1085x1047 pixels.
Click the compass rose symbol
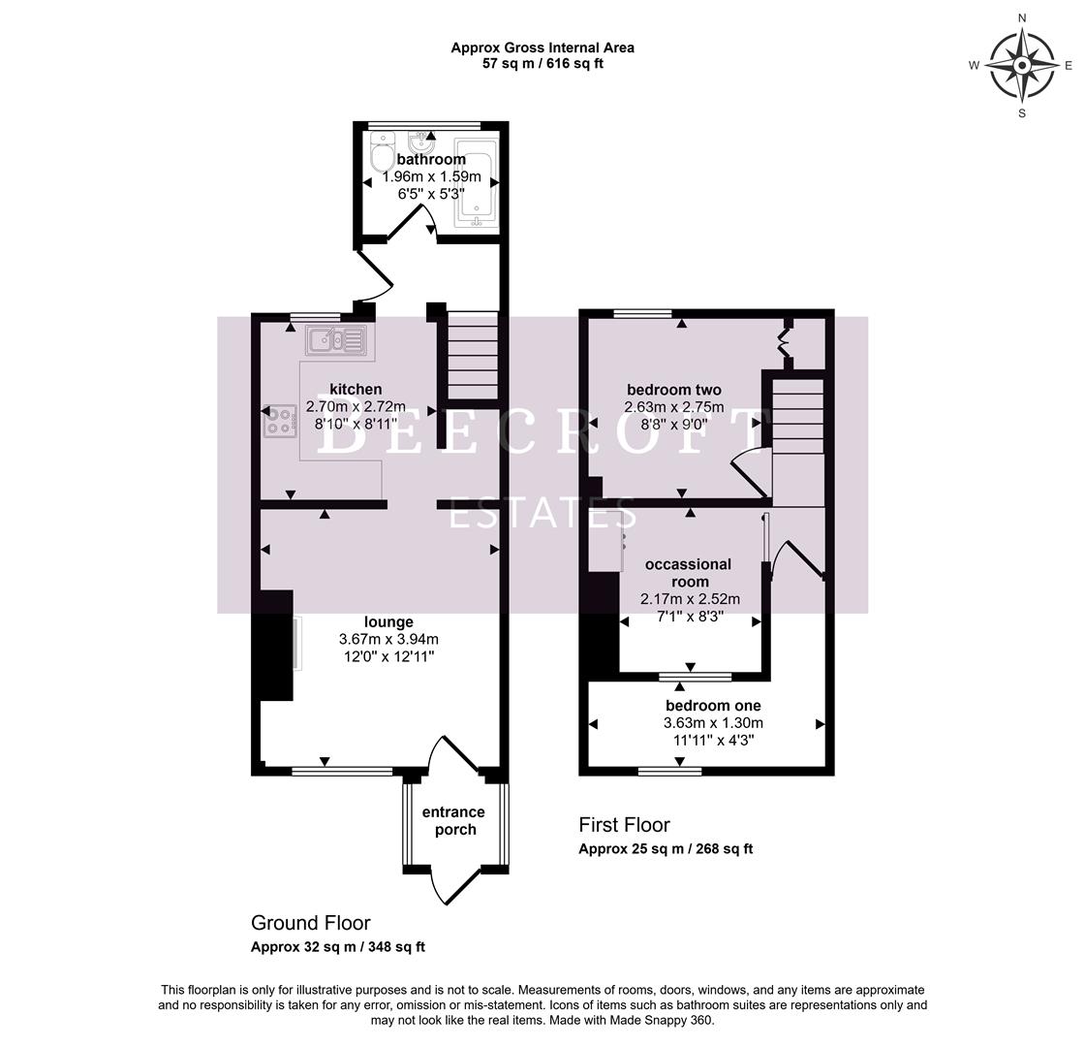pos(1022,66)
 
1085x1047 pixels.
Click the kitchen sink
pos(335,340)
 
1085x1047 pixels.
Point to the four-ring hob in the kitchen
pos(280,421)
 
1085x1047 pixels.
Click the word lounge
pos(388,622)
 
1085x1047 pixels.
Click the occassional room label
pos(688,573)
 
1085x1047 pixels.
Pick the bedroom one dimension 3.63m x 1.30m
pos(713,723)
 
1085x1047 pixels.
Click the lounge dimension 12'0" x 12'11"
pos(388,656)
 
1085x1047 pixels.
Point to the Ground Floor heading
pos(310,923)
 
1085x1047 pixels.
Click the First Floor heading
pos(624,825)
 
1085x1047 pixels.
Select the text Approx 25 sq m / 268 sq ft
pos(666,849)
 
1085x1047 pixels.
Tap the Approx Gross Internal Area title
pos(542,48)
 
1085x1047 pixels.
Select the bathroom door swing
pos(417,225)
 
